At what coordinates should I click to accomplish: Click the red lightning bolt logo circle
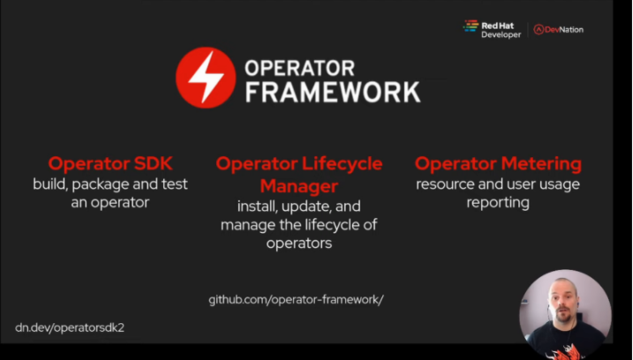(x=206, y=78)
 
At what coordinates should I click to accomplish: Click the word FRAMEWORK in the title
(x=333, y=93)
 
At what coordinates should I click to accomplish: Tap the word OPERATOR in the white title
(x=299, y=68)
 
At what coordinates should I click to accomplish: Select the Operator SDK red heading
(x=110, y=164)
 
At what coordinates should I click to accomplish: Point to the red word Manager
(x=299, y=186)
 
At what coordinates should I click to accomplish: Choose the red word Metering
(x=541, y=164)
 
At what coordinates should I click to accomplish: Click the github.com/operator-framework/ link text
(x=296, y=299)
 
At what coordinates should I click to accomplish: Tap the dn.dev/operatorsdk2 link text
(x=70, y=327)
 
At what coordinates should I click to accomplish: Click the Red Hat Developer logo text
(x=501, y=30)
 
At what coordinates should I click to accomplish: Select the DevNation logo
(x=558, y=29)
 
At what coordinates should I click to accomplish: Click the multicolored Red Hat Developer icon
(x=471, y=26)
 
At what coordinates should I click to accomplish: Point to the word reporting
(x=498, y=203)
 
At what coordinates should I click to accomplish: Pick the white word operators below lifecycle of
(x=299, y=244)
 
